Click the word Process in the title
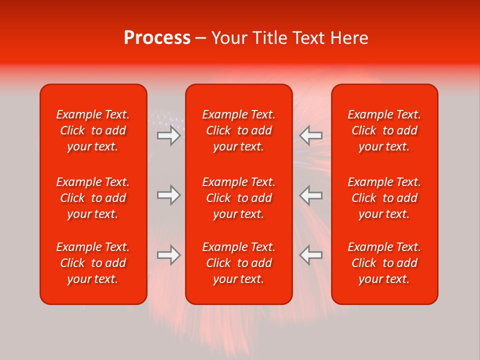pyautogui.click(x=157, y=38)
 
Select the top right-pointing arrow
pyautogui.click(x=168, y=135)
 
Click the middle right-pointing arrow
pyautogui.click(x=168, y=195)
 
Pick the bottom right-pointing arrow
pyautogui.click(x=168, y=255)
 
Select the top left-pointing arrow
pyautogui.click(x=311, y=135)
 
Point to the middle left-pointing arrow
pyautogui.click(x=311, y=195)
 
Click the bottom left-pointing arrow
pyautogui.click(x=311, y=255)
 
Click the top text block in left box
pyautogui.click(x=93, y=130)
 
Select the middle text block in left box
pyautogui.click(x=93, y=198)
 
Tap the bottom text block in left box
pyautogui.click(x=93, y=263)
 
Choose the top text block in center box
pyautogui.click(x=238, y=130)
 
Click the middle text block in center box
pyautogui.click(x=238, y=198)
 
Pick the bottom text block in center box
pyautogui.click(x=238, y=263)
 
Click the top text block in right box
pyautogui.click(x=384, y=130)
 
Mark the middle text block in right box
pyautogui.click(x=384, y=198)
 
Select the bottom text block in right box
pyautogui.click(x=384, y=263)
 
